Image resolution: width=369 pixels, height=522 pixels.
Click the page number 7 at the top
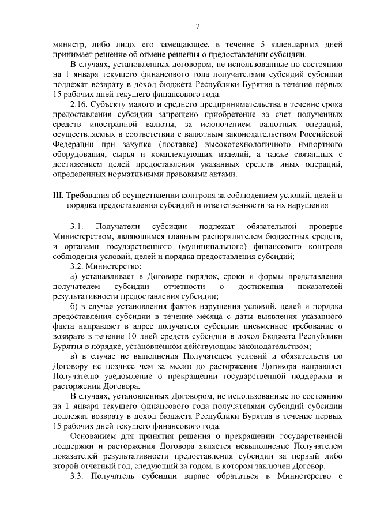[x=197, y=25]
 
